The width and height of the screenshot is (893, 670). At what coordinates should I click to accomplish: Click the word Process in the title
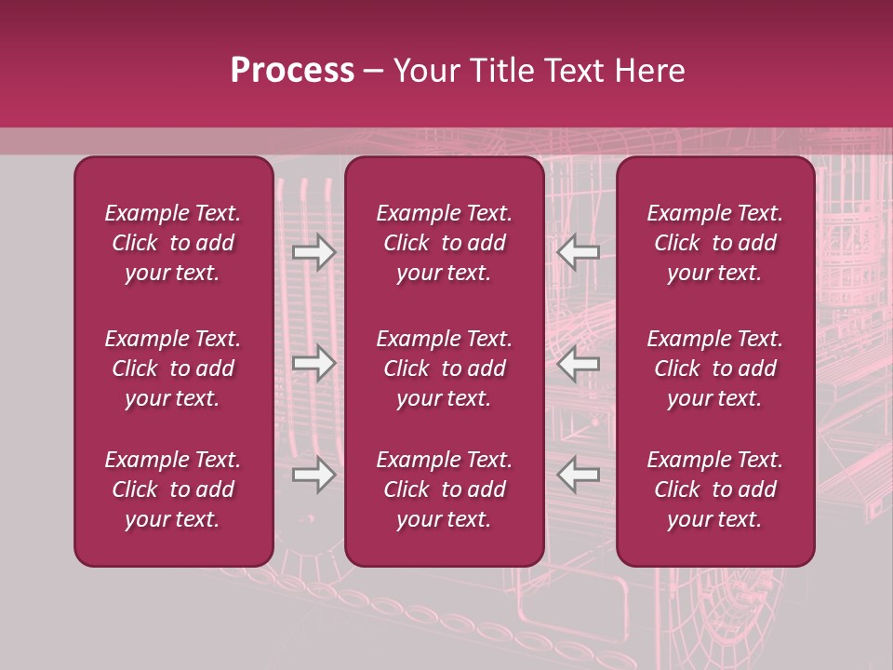coord(292,71)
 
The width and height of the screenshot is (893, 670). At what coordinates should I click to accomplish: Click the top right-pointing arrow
coord(314,251)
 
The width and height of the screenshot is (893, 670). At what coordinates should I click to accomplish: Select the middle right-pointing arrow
coord(314,364)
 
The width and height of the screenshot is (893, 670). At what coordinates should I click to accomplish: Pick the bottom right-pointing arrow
coord(314,476)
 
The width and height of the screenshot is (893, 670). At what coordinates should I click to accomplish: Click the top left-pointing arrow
coord(579,251)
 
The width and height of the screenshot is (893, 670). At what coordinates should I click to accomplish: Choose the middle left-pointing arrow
coord(579,364)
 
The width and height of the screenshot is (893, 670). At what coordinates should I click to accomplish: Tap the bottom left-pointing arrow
coord(579,476)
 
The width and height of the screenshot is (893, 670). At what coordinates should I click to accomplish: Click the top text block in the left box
coord(173,243)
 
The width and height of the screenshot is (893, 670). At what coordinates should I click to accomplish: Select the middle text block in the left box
coord(173,368)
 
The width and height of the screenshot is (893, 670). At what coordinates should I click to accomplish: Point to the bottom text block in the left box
coord(173,489)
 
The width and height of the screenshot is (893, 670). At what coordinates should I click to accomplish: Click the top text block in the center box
coord(445,243)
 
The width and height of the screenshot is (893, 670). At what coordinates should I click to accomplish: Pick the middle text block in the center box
coord(445,368)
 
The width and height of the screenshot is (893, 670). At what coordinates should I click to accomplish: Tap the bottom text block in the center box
coord(445,489)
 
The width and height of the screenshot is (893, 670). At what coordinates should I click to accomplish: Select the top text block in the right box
coord(715,243)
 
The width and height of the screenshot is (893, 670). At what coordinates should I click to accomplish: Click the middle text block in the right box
coord(715,368)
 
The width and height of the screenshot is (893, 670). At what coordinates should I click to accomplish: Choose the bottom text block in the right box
coord(715,489)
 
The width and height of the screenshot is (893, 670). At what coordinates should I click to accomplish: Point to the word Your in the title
coord(424,71)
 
